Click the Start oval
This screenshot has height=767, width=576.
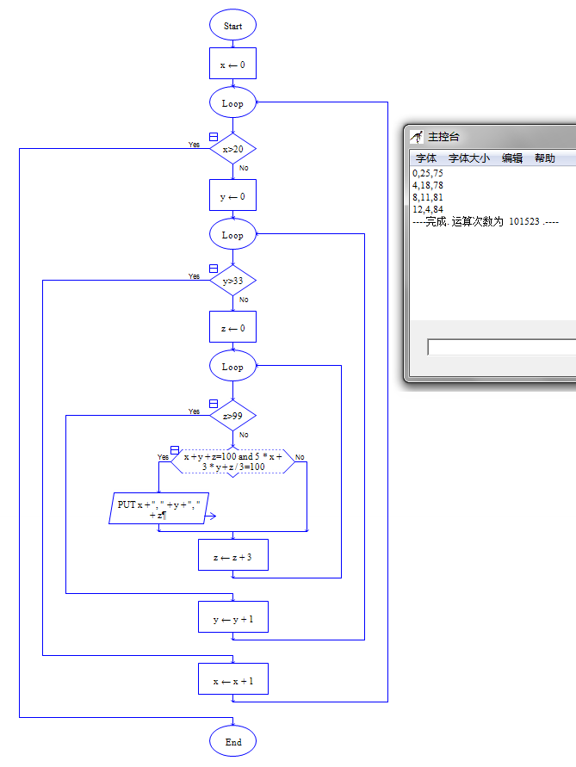point(232,26)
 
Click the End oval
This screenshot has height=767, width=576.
point(232,742)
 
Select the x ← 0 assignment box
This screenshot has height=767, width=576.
point(232,65)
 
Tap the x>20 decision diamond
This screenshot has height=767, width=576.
point(232,150)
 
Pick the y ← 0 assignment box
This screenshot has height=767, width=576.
point(232,196)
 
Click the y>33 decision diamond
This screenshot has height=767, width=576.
point(232,281)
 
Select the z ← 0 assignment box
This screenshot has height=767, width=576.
point(232,328)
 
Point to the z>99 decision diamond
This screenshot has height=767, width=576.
point(232,416)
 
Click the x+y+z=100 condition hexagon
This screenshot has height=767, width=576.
point(232,461)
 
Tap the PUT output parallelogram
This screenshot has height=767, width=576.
point(158,509)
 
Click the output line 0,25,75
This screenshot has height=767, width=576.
point(428,173)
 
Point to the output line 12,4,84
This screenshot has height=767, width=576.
point(428,209)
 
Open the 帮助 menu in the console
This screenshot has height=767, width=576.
point(545,158)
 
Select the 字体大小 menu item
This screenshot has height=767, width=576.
point(469,158)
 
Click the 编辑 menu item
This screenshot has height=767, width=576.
point(512,158)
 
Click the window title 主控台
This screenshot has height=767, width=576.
point(443,137)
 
